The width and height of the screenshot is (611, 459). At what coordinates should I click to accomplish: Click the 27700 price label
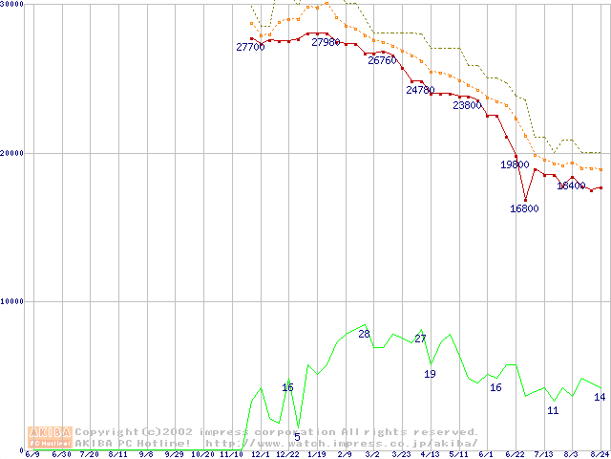[250, 47]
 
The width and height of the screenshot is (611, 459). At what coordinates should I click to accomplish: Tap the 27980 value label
[326, 42]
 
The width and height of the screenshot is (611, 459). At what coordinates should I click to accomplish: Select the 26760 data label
[382, 60]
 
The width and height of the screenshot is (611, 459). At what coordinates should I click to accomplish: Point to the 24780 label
[420, 91]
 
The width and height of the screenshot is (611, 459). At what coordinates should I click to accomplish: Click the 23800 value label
[467, 106]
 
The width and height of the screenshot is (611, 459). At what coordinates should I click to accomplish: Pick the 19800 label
[515, 164]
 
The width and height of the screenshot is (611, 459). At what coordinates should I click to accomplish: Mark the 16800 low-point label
[524, 208]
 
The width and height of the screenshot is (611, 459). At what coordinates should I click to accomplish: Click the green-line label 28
[364, 335]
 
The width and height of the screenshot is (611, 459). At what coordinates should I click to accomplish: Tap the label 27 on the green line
[420, 339]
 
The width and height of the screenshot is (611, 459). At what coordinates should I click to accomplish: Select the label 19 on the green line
[430, 374]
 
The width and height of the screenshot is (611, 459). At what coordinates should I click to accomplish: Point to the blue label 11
[553, 410]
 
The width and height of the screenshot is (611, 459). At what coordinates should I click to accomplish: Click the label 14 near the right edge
[600, 397]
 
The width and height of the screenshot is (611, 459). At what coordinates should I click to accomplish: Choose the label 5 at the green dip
[297, 437]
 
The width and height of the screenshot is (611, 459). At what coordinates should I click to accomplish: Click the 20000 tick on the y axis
[12, 153]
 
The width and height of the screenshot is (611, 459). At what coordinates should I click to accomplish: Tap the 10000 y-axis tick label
[12, 301]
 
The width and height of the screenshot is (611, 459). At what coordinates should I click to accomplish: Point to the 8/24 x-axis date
[600, 455]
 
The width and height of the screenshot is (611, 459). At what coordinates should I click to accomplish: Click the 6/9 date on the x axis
[32, 455]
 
